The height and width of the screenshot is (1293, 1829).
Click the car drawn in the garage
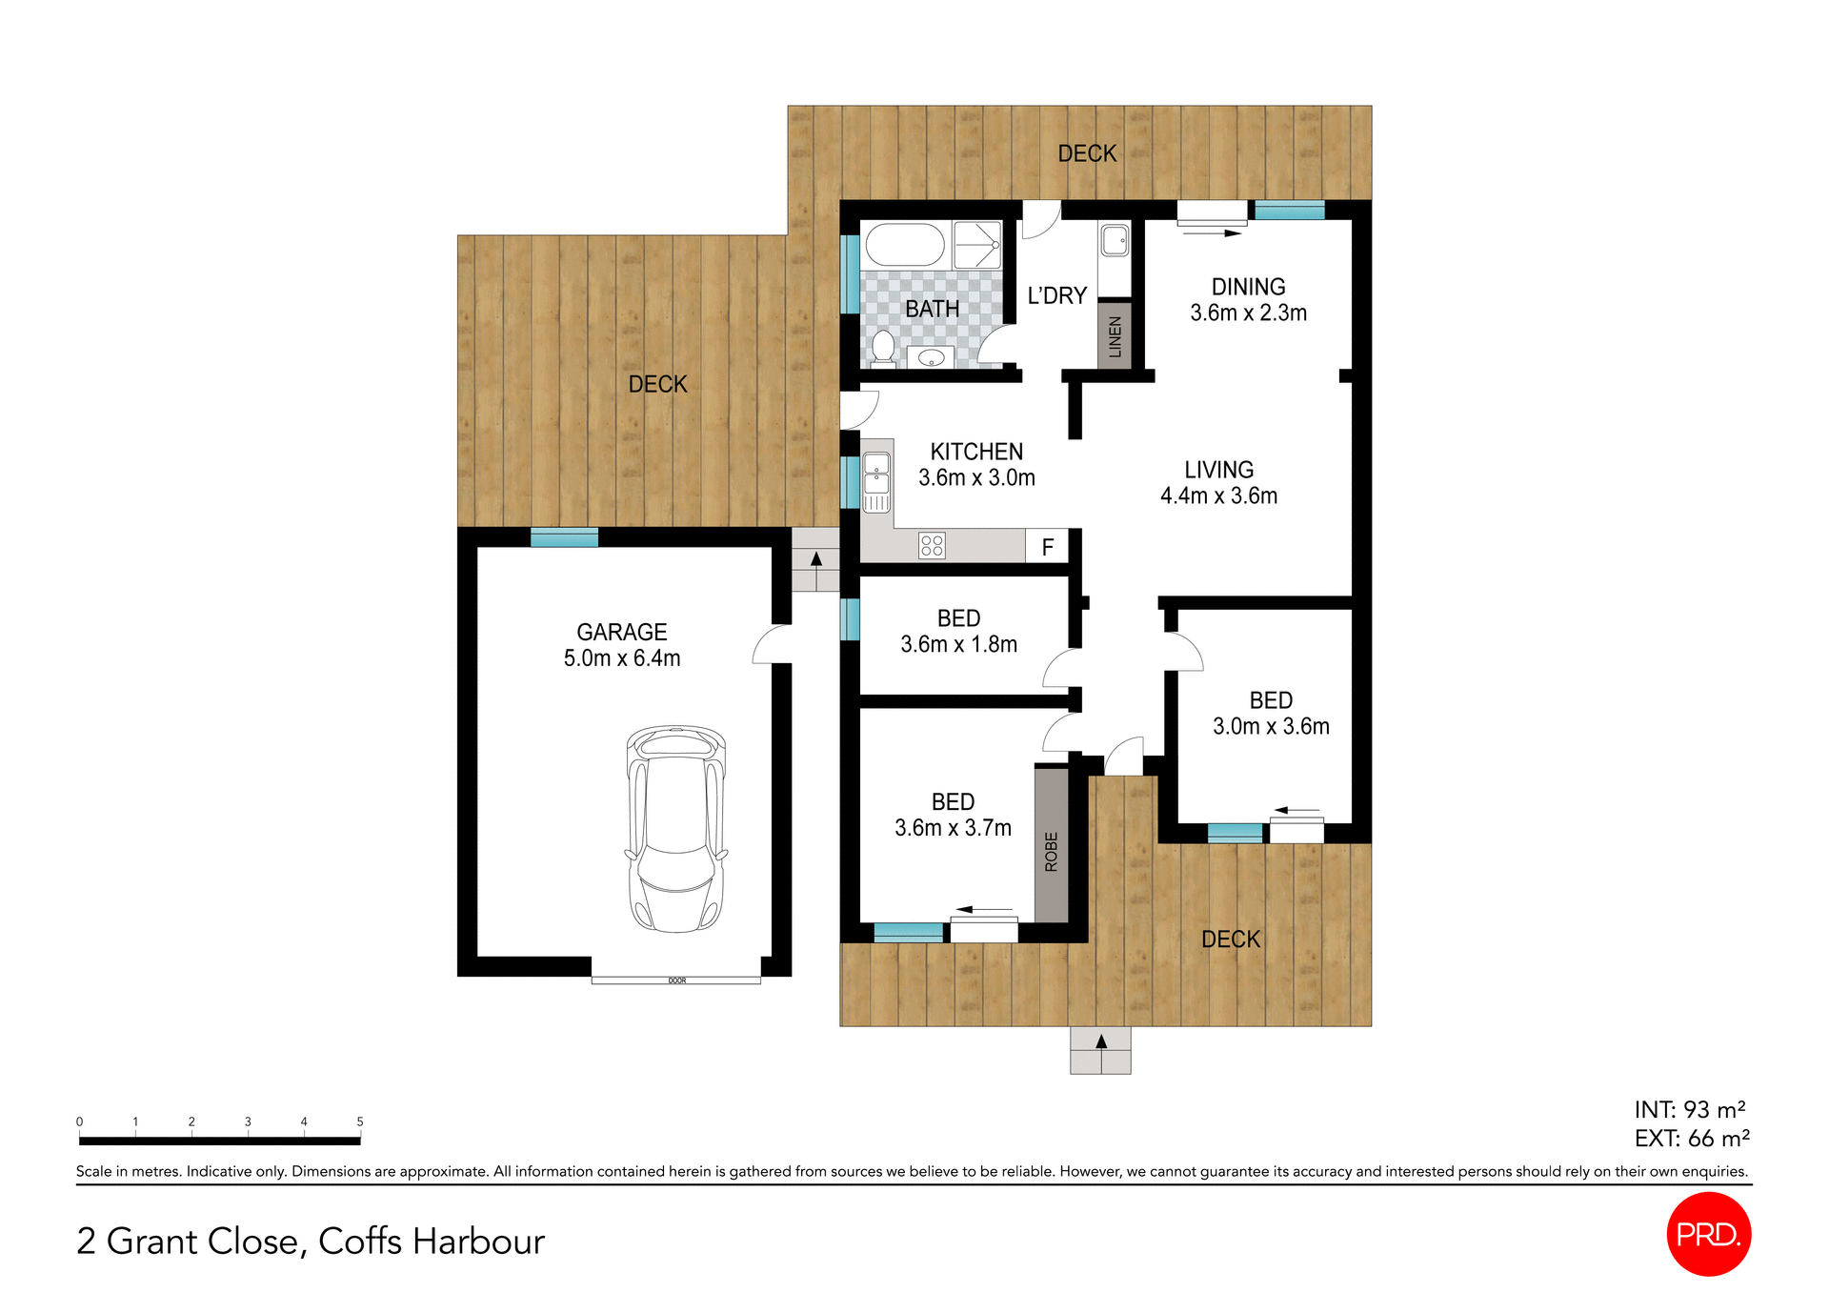[x=675, y=829]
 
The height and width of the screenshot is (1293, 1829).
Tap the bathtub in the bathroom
[x=904, y=245]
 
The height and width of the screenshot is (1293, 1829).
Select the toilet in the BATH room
[x=883, y=349]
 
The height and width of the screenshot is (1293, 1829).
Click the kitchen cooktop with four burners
[x=932, y=546]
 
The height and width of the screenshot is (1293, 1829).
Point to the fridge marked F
[x=1047, y=547]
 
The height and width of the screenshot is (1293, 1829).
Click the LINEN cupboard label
[x=1115, y=335]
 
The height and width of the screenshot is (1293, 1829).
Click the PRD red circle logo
[x=1709, y=1234]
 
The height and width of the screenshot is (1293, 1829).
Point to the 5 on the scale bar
[x=360, y=1121]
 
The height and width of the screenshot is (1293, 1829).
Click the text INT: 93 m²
[x=1689, y=1110]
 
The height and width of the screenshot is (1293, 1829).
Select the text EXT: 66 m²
[x=1691, y=1139]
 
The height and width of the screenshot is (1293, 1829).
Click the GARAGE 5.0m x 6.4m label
[x=622, y=645]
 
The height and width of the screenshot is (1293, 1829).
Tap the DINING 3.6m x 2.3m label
[x=1248, y=299]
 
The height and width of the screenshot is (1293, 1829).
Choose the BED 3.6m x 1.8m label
[x=958, y=631]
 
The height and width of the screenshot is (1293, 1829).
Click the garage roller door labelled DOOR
[x=676, y=980]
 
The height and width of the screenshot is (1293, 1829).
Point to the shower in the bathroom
[x=976, y=245]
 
